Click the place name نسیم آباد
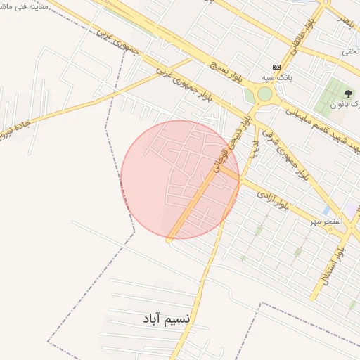coord(166,319)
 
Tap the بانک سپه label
coord(278,77)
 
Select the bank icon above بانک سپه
coord(276,66)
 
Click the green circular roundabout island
coord(264,94)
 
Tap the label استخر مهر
coord(327,222)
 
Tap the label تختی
coord(350,51)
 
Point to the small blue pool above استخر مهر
coord(326,210)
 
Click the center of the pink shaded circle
coord(180,179)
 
